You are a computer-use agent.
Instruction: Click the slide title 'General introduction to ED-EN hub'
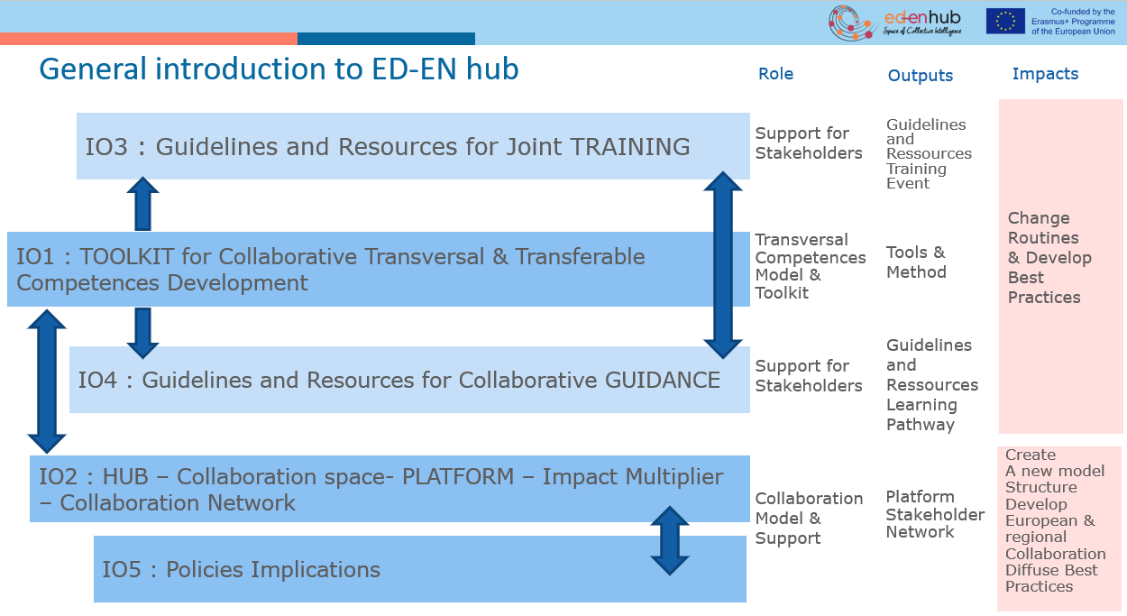click(279, 69)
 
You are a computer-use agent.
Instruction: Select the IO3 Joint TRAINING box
click(413, 146)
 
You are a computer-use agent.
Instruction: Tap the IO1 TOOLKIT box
click(379, 269)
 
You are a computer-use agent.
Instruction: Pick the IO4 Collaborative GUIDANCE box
click(409, 380)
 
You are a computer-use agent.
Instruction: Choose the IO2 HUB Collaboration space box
click(389, 489)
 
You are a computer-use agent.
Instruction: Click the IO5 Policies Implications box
click(420, 569)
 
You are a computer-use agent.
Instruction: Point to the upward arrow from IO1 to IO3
click(142, 205)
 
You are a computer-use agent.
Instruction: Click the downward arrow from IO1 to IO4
click(142, 332)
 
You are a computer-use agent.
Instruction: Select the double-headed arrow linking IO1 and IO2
click(47, 381)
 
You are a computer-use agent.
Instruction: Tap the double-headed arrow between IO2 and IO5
click(670, 540)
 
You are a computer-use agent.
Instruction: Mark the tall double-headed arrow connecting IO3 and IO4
click(723, 264)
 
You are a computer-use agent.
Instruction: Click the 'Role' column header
click(775, 74)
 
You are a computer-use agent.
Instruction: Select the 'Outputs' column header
click(920, 76)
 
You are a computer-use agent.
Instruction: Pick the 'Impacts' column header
click(1045, 74)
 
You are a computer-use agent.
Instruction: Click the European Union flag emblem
click(1004, 22)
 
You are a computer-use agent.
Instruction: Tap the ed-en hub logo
click(894, 22)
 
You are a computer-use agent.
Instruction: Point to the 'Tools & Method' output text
click(916, 262)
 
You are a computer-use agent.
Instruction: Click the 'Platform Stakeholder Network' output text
click(934, 514)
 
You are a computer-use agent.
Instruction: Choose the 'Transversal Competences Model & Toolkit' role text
click(810, 266)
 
